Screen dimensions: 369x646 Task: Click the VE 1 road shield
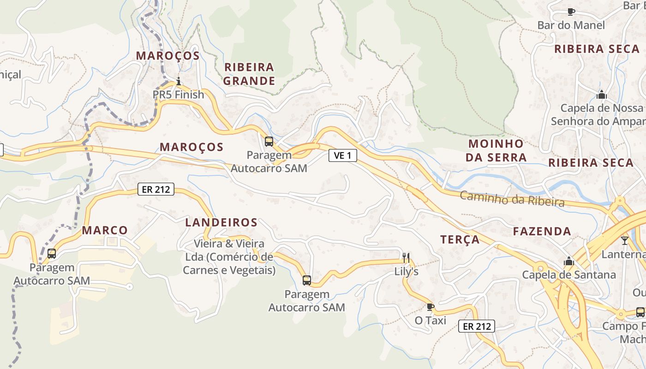point(342,155)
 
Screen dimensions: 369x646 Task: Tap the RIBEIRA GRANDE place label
point(250,74)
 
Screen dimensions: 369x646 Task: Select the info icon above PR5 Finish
point(179,82)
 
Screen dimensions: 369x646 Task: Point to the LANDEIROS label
point(221,222)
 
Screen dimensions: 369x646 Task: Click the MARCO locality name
point(105,230)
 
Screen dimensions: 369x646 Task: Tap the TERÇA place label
point(460,239)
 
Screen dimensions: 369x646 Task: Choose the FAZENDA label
point(542,231)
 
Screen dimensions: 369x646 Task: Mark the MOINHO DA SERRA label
point(496,150)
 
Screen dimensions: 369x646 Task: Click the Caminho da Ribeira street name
point(512,199)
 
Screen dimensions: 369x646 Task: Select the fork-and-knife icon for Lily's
point(406,257)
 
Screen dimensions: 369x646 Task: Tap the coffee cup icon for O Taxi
point(430,307)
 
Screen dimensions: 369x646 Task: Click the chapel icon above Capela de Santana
point(568,261)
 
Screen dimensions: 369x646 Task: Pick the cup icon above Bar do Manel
point(571,12)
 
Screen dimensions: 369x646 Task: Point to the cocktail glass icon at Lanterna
point(625,240)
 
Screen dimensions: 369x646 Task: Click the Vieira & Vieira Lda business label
point(229,256)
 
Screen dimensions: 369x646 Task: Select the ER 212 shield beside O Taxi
point(477,326)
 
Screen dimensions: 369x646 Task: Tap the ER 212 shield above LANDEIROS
point(156,189)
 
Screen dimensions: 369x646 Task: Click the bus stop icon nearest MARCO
point(52,253)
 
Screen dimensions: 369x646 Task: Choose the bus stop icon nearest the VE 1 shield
point(269,141)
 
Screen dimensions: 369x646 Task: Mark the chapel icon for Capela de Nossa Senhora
point(601,95)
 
